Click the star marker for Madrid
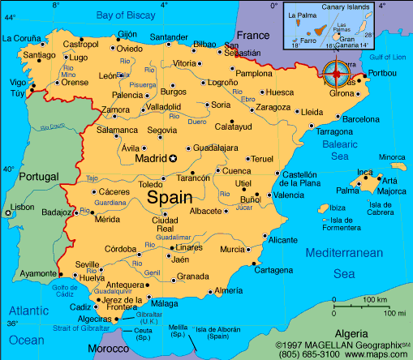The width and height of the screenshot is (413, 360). [172, 159]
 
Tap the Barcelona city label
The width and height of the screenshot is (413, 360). [360, 119]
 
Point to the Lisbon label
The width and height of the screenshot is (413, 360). [22, 207]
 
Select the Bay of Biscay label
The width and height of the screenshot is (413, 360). [125, 15]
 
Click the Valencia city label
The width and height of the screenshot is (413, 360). [288, 195]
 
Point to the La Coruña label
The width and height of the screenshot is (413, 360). [22, 37]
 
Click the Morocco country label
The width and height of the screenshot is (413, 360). [108, 348]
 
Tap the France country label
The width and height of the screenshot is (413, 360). [252, 36]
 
